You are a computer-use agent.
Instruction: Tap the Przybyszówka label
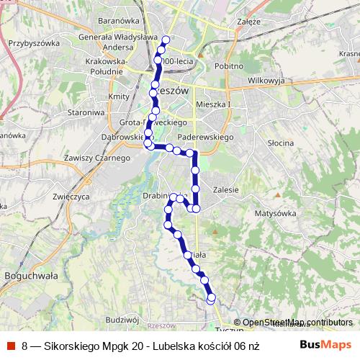coord(33,42)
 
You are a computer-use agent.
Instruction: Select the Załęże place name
coord(248,22)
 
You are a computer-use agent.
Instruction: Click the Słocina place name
coord(279,143)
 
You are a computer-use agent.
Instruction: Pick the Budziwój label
coord(121,319)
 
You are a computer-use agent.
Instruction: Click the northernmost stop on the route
coord(166,40)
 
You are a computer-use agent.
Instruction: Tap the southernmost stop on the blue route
coord(212,297)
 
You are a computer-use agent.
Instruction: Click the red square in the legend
coord(12,345)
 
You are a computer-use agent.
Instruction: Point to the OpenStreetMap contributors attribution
coord(293,322)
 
